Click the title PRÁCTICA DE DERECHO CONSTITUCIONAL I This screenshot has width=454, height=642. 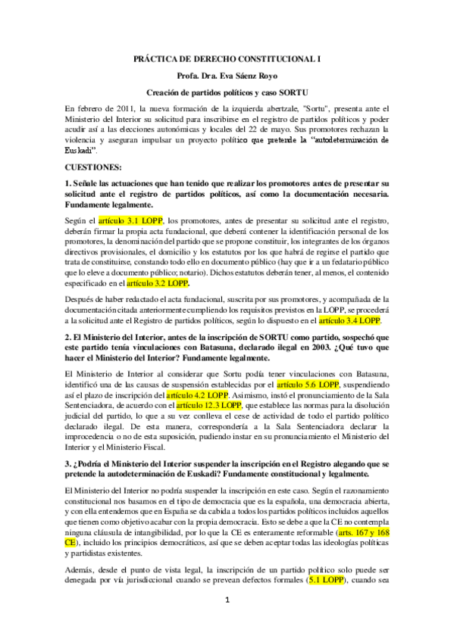(x=227, y=58)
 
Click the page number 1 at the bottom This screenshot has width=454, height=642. (x=227, y=622)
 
